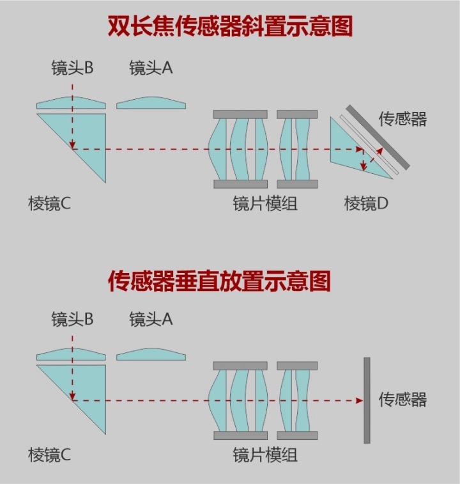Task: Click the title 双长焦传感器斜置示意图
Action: (230, 27)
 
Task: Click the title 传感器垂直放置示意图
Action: (219, 281)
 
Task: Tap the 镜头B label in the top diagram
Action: (72, 68)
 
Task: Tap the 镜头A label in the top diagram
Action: (151, 68)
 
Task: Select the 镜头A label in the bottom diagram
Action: (151, 318)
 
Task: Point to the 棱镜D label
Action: (366, 204)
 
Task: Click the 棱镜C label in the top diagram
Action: (50, 204)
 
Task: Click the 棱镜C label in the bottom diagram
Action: (50, 455)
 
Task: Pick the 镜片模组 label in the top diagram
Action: (265, 204)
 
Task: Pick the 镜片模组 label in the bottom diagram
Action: (265, 455)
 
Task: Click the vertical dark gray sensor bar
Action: (367, 400)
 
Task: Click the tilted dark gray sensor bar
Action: (378, 137)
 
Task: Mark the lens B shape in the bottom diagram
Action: (71, 354)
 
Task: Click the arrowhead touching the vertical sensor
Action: (359, 401)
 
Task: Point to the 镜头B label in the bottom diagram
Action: (72, 318)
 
